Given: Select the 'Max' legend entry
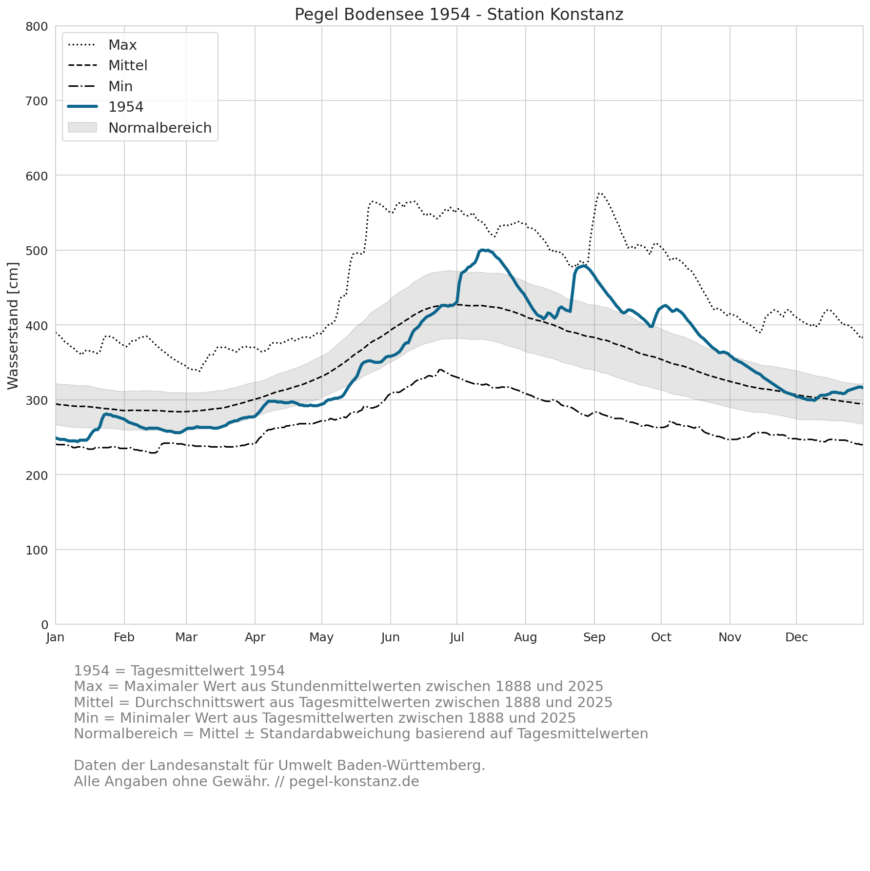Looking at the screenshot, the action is pyautogui.click(x=122, y=45).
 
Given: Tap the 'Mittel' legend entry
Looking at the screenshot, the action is pyautogui.click(x=128, y=65).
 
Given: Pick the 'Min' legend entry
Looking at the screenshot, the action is pyautogui.click(x=120, y=86).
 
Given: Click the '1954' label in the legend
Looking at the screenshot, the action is pyautogui.click(x=126, y=107).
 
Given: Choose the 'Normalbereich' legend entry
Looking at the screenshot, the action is pyautogui.click(x=160, y=128).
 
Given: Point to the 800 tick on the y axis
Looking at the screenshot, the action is pyautogui.click(x=37, y=26).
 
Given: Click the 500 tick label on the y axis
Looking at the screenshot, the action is pyautogui.click(x=37, y=251).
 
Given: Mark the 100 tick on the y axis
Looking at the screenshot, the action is pyautogui.click(x=37, y=550).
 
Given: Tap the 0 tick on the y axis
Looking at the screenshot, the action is pyautogui.click(x=45, y=625).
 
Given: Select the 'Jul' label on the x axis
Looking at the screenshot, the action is pyautogui.click(x=457, y=637).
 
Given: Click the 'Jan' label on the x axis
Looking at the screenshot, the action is pyautogui.click(x=56, y=637).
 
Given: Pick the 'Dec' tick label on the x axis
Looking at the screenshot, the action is pyautogui.click(x=796, y=637).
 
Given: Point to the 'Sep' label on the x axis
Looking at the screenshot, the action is pyautogui.click(x=594, y=637).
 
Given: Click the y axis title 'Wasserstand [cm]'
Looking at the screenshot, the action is pyautogui.click(x=13, y=326).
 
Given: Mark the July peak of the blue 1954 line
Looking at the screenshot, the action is pyautogui.click(x=482, y=250).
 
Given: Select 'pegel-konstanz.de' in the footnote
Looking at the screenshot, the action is pyautogui.click(x=354, y=782).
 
